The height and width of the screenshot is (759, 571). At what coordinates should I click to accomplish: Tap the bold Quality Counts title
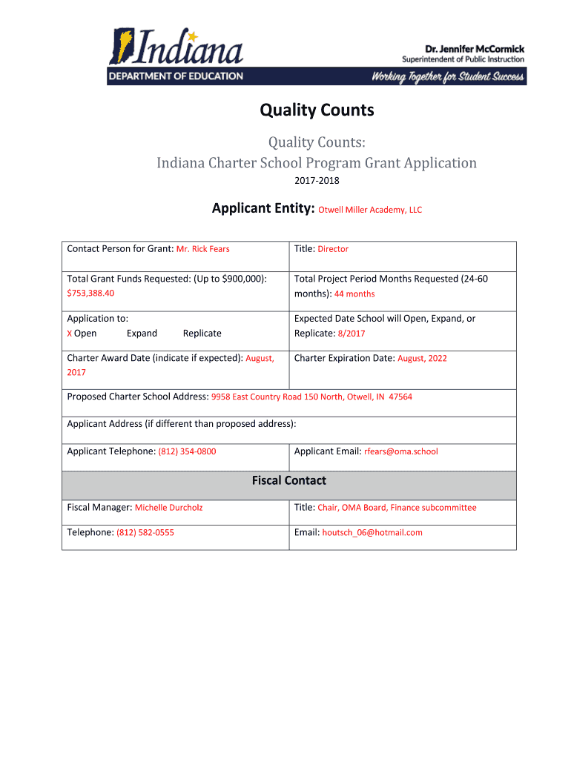point(317,111)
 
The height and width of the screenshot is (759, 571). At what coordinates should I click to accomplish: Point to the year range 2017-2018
point(317,180)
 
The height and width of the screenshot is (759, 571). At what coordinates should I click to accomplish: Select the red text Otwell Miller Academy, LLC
point(370,210)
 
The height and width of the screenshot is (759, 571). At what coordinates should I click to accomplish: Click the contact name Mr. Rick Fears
point(202,249)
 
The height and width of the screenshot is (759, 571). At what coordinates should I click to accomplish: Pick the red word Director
point(333,249)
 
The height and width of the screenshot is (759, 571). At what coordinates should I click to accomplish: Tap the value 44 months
point(354,294)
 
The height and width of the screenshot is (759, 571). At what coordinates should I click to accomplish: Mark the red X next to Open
point(70,334)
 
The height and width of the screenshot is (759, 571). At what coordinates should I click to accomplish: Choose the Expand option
point(142,334)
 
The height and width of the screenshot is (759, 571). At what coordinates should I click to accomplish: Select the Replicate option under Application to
point(202,334)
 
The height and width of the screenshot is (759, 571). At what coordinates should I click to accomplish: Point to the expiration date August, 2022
point(422,359)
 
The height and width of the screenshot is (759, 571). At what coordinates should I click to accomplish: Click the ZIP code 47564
point(400,397)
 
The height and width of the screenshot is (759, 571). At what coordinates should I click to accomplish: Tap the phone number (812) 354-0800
point(187,451)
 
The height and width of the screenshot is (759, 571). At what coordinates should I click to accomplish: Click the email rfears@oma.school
point(400,451)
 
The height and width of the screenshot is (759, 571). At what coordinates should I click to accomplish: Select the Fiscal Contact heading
point(288,481)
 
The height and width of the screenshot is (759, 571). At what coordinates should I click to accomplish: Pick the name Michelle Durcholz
point(168,508)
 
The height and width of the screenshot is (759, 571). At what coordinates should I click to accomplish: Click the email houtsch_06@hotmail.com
point(372,533)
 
